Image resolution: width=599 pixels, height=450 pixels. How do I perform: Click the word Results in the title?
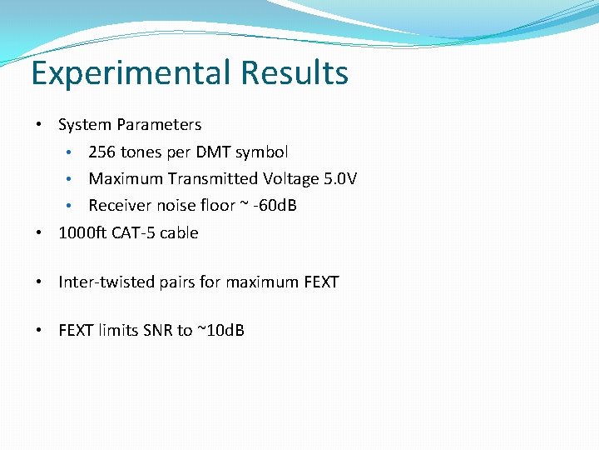pos(295,73)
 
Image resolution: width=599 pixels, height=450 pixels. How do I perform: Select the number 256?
pos(102,152)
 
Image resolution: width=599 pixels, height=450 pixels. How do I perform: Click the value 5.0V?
pos(340,179)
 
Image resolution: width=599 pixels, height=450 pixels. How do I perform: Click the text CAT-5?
pos(132,233)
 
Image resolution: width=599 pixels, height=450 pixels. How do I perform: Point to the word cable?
pos(179,233)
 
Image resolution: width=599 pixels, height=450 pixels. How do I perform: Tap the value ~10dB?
pos(220,331)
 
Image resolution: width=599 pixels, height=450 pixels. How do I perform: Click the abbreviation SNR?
pos(156,331)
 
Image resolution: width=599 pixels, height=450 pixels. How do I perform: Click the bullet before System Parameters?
pos(39,125)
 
